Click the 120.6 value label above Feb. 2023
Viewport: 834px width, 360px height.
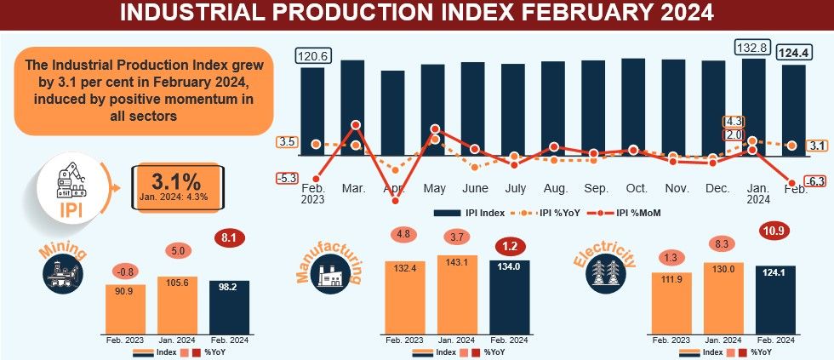click(312, 56)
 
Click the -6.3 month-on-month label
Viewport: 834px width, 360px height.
click(814, 181)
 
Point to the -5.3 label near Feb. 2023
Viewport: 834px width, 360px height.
click(287, 178)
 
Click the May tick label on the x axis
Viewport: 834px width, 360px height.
click(434, 187)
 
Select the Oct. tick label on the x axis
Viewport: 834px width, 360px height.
click(637, 187)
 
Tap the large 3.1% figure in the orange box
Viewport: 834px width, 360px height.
click(175, 180)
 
